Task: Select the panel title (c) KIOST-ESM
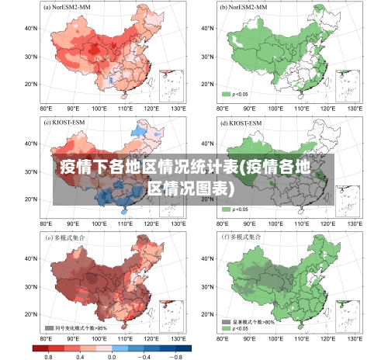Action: (68, 123)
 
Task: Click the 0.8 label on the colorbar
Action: (48, 355)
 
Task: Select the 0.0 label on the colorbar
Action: (112, 355)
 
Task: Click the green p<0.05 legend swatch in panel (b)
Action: (227, 94)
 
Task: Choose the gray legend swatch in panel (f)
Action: (227, 321)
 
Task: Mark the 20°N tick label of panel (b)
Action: (206, 84)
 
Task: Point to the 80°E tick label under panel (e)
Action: (46, 339)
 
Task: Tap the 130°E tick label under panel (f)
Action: (354, 339)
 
